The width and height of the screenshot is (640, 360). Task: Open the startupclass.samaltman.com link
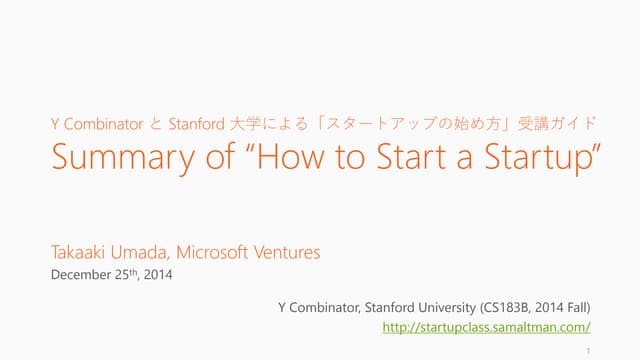click(488, 327)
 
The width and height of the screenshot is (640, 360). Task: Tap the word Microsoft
click(221, 253)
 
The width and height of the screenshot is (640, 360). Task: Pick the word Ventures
click(290, 253)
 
